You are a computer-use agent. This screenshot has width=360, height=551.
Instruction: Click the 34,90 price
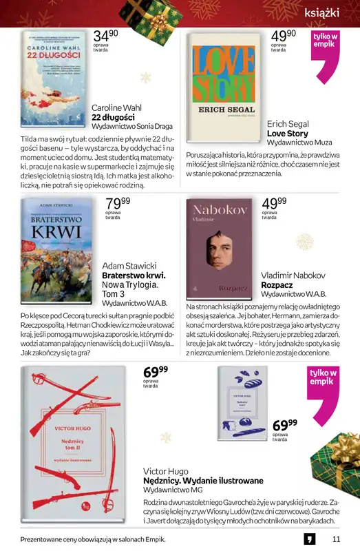click(x=105, y=35)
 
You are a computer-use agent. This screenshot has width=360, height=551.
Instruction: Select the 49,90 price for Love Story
click(x=283, y=35)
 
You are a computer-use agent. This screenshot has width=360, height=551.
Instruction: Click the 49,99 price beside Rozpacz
click(x=274, y=203)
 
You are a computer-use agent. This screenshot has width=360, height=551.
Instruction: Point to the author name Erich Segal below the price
click(x=287, y=124)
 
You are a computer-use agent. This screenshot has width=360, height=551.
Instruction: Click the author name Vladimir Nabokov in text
click(x=293, y=275)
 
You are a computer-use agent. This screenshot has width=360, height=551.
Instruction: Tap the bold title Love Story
click(x=287, y=134)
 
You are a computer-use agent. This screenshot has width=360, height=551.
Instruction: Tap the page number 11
click(x=336, y=539)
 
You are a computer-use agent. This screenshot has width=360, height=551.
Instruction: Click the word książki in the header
click(x=327, y=12)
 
